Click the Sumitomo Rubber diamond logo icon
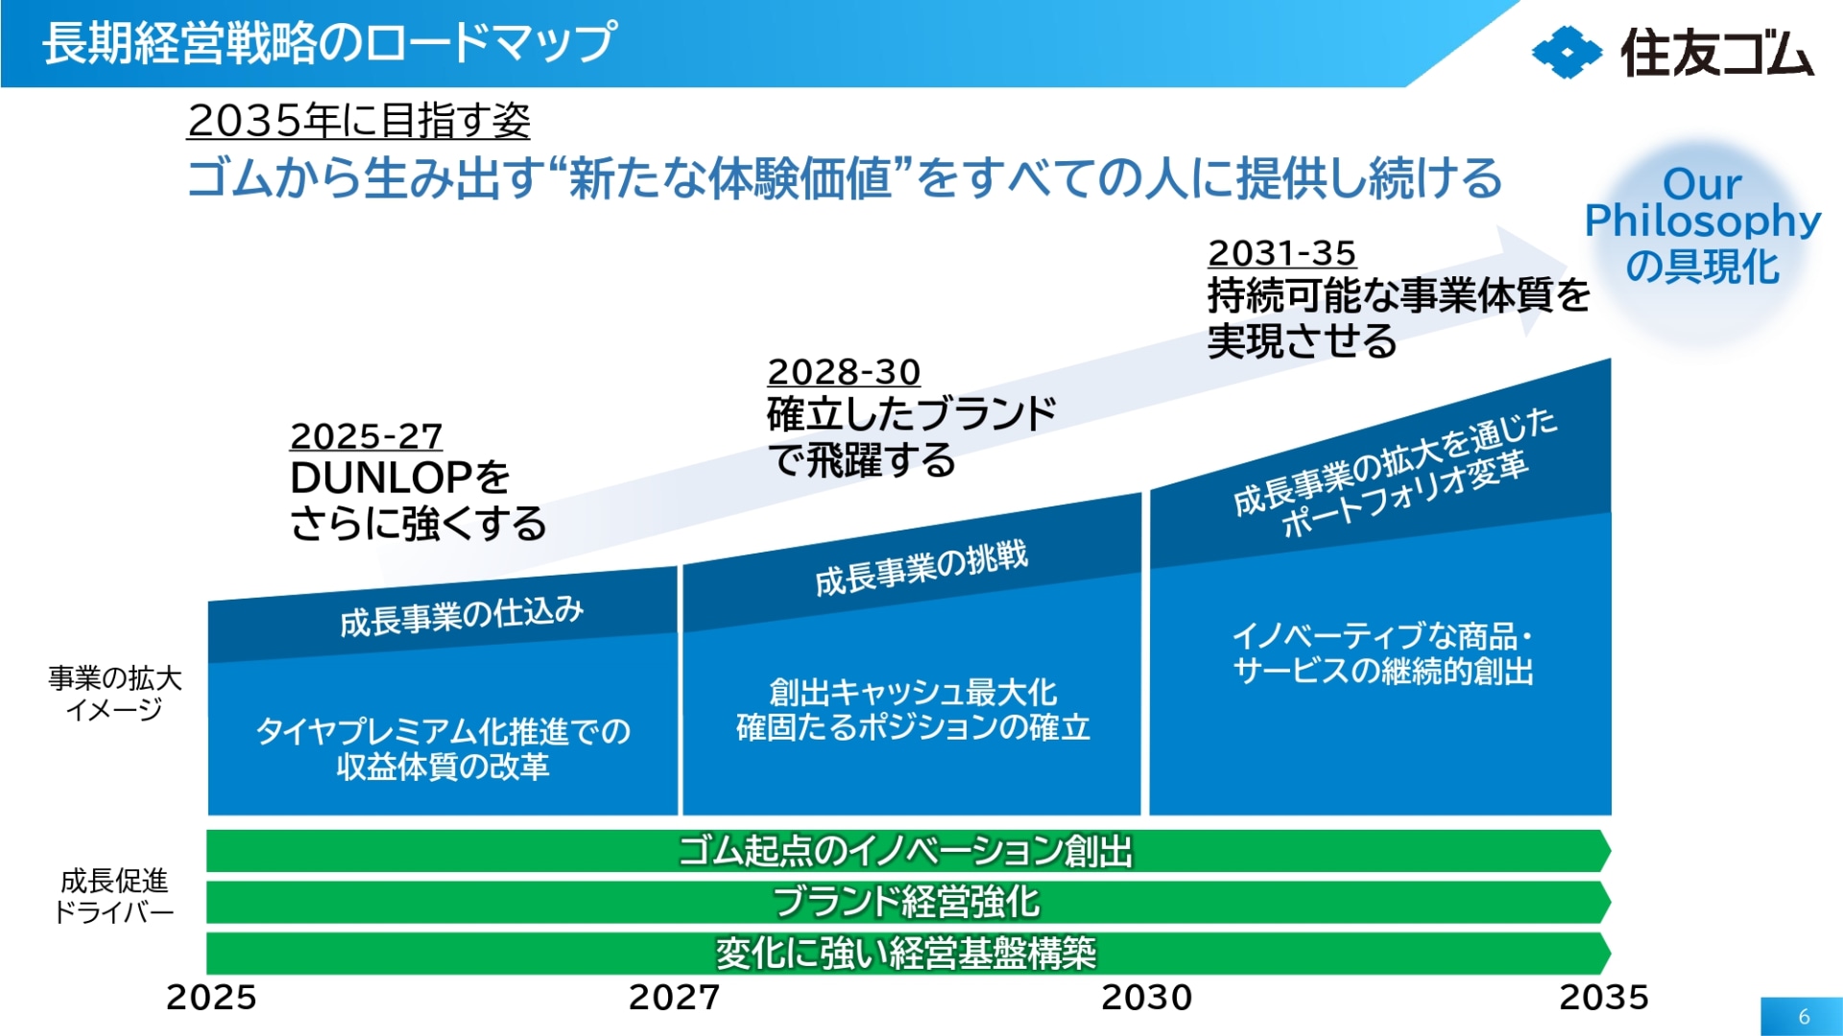point(1567,53)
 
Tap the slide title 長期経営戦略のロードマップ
point(329,43)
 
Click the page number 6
point(1804,1017)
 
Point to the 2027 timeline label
point(674,998)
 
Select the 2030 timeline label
point(1146,998)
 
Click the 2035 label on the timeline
point(1603,998)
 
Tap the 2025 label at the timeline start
point(211,998)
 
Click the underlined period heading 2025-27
point(366,436)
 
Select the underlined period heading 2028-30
point(844,372)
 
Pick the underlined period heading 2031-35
point(1281,253)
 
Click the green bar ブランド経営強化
point(907,902)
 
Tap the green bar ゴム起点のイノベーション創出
point(907,851)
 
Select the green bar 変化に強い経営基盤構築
point(907,953)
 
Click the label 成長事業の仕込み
point(462,616)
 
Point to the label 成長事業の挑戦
point(921,568)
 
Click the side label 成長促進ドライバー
point(113,896)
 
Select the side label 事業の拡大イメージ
point(114,694)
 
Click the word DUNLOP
point(380,478)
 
